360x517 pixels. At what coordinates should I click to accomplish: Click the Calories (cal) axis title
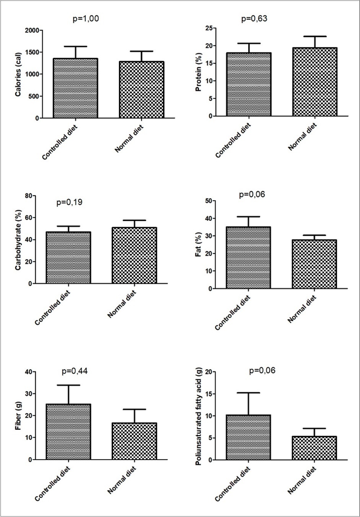[x=18, y=74]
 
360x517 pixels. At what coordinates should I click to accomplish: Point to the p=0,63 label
[x=254, y=19]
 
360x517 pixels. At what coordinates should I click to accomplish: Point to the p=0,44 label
[x=75, y=371]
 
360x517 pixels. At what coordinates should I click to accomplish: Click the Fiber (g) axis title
[x=18, y=416]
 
